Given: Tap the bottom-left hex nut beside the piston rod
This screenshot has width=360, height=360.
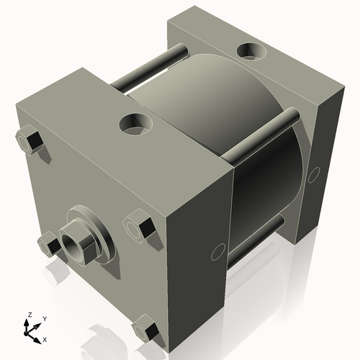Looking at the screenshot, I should (x=48, y=243).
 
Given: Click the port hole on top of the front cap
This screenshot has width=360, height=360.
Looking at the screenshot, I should (x=135, y=125).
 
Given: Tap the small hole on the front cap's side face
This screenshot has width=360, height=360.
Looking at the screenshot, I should (x=215, y=253).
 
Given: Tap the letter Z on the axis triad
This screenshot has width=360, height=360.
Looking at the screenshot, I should (x=29, y=315).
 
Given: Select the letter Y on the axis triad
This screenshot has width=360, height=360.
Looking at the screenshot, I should (x=44, y=318).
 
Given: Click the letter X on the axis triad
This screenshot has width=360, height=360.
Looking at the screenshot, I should (x=45, y=338).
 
